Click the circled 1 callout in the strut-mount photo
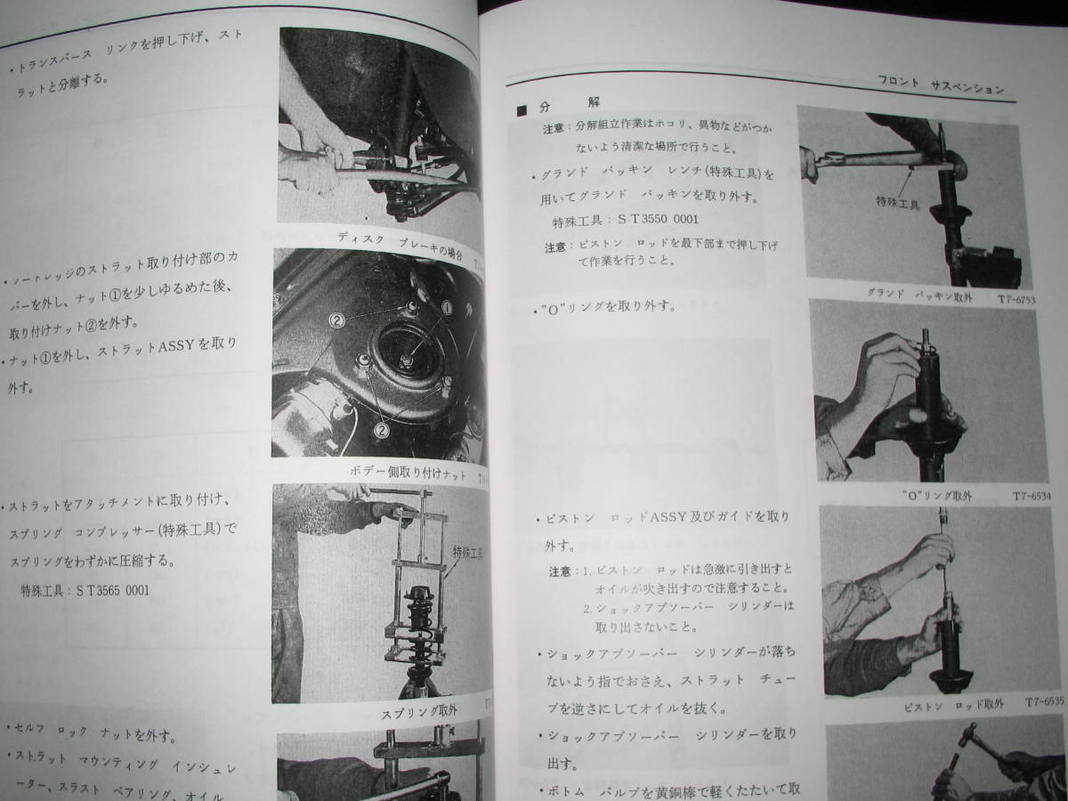pos(448,308)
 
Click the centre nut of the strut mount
pos(404,361)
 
